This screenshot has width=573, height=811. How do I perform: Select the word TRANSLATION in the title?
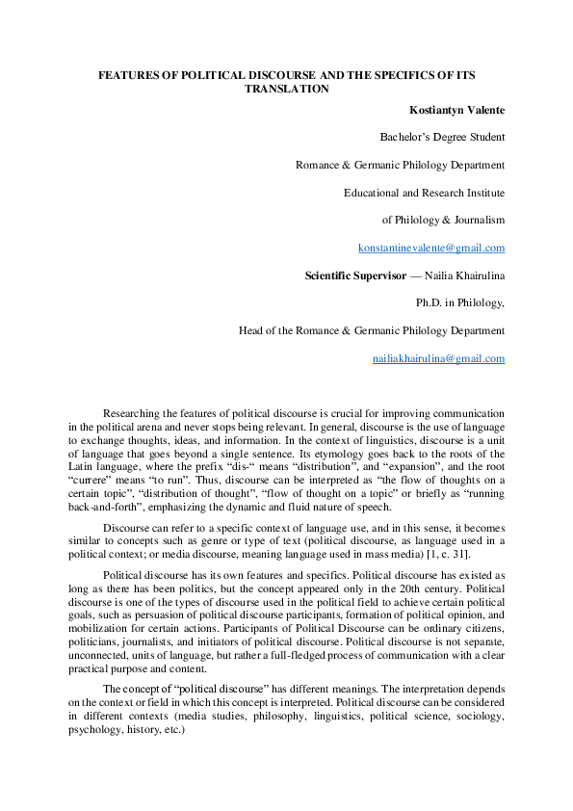click(287, 89)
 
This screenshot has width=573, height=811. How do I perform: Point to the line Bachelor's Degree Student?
click(442, 137)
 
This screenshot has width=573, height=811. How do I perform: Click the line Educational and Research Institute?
click(424, 193)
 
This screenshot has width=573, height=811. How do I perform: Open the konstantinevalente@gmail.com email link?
click(431, 248)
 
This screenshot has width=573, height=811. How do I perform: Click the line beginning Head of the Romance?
click(372, 330)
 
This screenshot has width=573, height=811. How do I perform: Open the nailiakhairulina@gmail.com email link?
click(438, 358)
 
